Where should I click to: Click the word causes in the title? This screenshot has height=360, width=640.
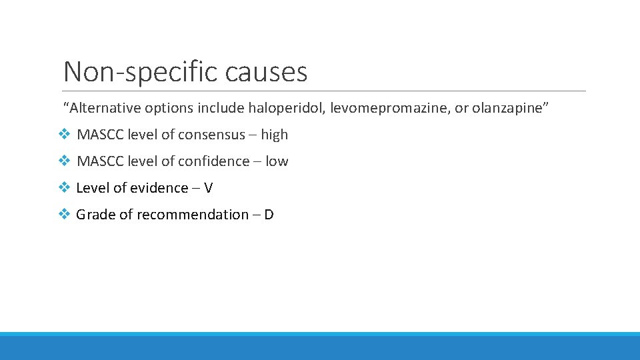point(266,71)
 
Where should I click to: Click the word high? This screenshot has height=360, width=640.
point(274,135)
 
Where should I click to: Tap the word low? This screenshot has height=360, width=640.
point(277,161)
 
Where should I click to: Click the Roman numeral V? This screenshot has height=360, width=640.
point(208,188)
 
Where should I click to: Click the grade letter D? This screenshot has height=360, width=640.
point(269,215)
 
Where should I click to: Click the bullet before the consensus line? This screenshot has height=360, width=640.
point(64,135)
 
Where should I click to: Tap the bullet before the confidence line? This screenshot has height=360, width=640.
point(64,161)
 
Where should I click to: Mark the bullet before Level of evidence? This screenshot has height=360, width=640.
point(64,188)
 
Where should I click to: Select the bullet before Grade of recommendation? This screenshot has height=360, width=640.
point(64,215)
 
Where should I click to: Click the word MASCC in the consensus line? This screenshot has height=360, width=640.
point(100,135)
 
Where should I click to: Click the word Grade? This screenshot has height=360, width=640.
point(95,215)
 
